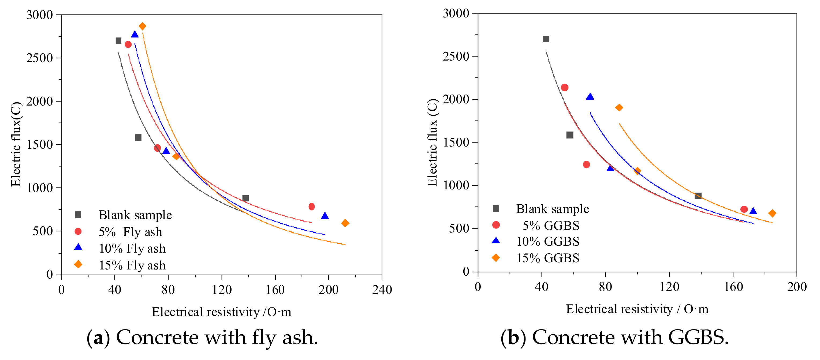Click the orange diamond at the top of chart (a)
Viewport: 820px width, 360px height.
tap(142, 26)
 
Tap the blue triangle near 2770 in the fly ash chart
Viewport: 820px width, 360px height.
tap(135, 34)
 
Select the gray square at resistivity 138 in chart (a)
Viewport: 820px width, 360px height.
tap(245, 198)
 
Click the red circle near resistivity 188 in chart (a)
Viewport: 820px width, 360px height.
tap(312, 207)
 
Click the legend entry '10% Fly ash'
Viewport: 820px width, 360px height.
tap(132, 248)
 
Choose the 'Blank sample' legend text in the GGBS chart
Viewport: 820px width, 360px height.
tap(552, 209)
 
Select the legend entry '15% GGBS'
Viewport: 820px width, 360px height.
tap(547, 258)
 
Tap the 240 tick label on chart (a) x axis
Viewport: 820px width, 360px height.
tap(382, 290)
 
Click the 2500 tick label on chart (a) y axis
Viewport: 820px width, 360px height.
tap(39, 58)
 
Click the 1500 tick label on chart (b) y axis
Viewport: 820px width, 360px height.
tap(456, 142)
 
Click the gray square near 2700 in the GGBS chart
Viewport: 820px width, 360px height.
tap(546, 39)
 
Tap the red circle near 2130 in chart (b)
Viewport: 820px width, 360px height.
tap(565, 87)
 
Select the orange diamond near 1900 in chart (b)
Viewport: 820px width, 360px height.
tap(619, 108)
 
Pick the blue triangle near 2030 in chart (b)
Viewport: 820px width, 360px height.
tap(590, 96)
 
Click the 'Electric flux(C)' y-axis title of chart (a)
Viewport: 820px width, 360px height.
tap(16, 144)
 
